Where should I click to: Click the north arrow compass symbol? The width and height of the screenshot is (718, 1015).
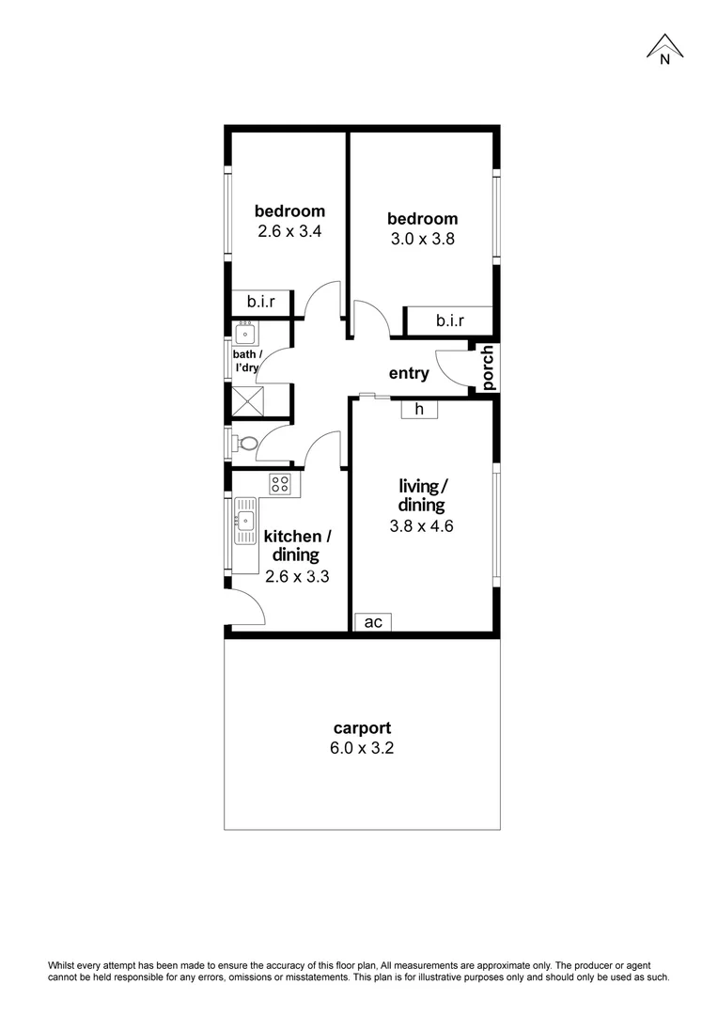(664, 48)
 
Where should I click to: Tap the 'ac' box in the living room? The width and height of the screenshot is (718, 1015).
(372, 622)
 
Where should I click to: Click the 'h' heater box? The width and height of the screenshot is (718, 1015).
(419, 409)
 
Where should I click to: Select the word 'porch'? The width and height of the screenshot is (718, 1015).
(488, 368)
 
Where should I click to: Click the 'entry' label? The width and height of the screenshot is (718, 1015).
(409, 373)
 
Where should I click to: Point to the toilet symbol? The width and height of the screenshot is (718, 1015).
(248, 443)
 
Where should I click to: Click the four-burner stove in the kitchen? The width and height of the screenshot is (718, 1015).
(279, 484)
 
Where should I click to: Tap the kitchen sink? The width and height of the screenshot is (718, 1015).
(246, 522)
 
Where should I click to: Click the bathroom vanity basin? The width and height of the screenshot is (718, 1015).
(246, 334)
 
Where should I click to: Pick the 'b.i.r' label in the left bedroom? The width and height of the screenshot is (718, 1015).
(261, 302)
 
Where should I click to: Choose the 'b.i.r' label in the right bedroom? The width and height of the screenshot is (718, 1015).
(449, 321)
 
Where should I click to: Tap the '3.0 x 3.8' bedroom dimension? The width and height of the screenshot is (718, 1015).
(423, 239)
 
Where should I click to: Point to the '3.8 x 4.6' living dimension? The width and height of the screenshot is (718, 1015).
(422, 526)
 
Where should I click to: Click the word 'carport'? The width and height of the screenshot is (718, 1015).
(362, 727)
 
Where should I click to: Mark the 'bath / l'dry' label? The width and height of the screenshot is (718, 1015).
(247, 361)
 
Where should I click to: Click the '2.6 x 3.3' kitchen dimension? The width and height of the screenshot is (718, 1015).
(297, 576)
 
